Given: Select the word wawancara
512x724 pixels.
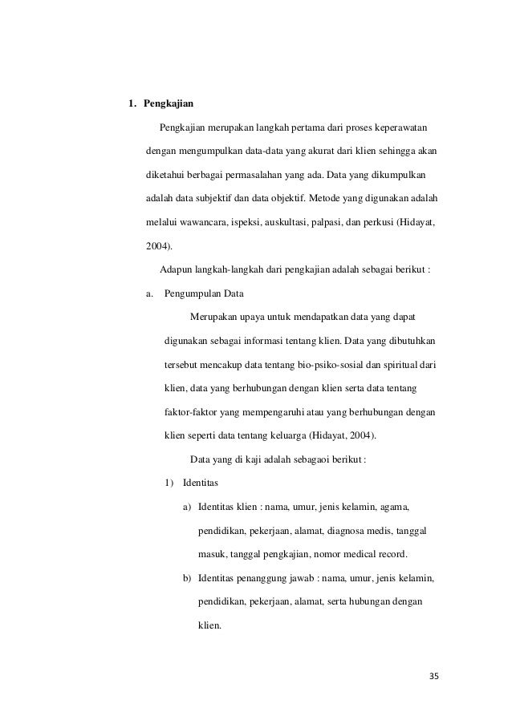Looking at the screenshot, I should point(199,220).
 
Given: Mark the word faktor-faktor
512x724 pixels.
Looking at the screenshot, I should point(190,414).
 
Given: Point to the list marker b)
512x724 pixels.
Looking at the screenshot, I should point(187,578).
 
